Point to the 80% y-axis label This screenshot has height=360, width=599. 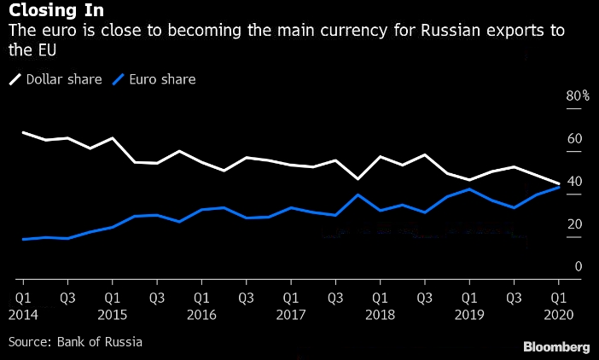(578, 96)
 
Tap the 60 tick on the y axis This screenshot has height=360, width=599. (574, 139)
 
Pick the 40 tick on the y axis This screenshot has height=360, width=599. (574, 182)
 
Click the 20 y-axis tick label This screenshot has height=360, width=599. (574, 224)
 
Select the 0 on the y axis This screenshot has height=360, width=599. (578, 267)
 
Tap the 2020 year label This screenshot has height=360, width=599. (559, 315)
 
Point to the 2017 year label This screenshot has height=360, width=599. (291, 315)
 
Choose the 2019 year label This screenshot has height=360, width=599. (469, 315)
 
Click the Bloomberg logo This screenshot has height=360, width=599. (555, 346)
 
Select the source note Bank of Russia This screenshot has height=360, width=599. (75, 342)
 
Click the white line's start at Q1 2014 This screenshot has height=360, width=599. (23, 132)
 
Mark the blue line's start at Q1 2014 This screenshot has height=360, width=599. (23, 239)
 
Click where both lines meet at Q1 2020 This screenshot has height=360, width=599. (559, 185)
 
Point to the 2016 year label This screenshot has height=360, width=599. (201, 315)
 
